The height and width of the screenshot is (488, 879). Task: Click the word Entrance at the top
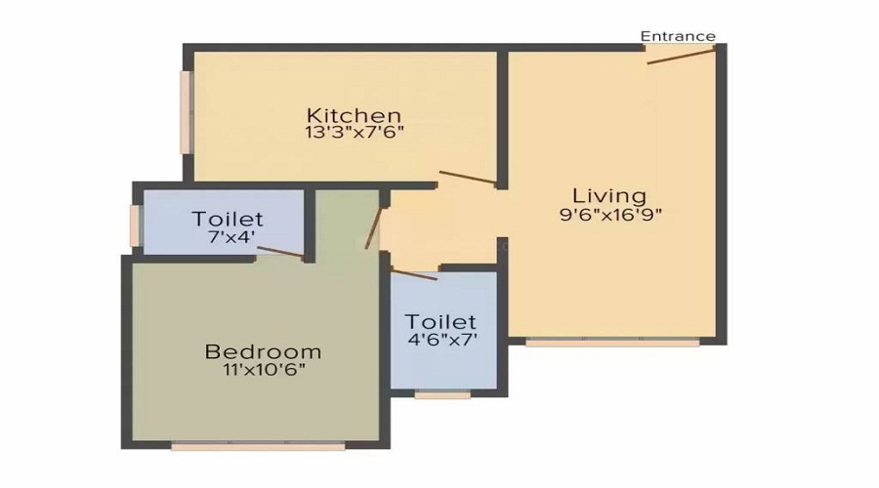(678, 36)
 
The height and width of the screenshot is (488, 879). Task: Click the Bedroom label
(262, 350)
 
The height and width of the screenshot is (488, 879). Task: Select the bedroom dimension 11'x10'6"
(262, 369)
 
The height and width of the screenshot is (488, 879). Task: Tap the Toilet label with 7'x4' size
(228, 218)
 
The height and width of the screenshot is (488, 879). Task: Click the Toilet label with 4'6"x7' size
(440, 321)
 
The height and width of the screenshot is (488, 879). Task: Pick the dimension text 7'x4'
(228, 236)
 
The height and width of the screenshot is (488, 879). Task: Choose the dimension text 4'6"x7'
(440, 340)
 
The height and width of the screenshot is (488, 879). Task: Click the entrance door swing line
(681, 55)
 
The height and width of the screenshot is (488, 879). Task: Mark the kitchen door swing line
(467, 178)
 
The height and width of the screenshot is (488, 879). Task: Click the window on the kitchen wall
(185, 111)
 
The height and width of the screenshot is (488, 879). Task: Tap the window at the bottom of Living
(612, 343)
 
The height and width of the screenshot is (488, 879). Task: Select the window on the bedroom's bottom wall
(258, 446)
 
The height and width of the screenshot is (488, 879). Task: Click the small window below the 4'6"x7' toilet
(441, 395)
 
